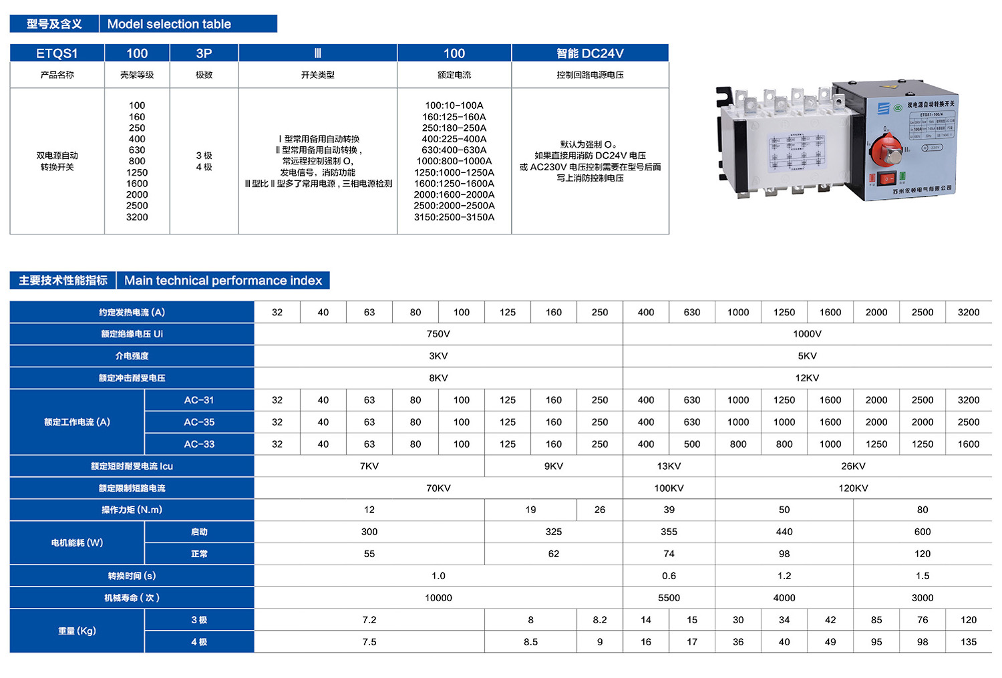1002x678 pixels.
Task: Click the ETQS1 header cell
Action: pyautogui.click(x=57, y=53)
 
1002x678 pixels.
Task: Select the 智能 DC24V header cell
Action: pyautogui.click(x=590, y=53)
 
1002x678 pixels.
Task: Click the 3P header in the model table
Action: pyautogui.click(x=204, y=53)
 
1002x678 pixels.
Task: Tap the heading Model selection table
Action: pyautogui.click(x=169, y=24)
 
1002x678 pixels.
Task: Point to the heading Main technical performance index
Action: pyautogui.click(x=223, y=281)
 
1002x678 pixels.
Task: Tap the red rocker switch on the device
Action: pyautogui.click(x=886, y=179)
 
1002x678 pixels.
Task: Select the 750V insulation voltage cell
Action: pyautogui.click(x=438, y=334)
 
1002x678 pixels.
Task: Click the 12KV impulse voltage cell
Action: pyautogui.click(x=807, y=378)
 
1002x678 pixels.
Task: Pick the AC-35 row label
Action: pyautogui.click(x=199, y=422)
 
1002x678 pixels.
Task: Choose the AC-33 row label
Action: pyautogui.click(x=199, y=444)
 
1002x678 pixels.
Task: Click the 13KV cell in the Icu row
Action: pyautogui.click(x=669, y=466)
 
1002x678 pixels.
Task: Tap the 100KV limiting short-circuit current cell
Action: pyautogui.click(x=669, y=488)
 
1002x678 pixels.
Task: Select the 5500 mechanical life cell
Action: pyautogui.click(x=669, y=598)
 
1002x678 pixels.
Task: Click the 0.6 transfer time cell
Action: pyautogui.click(x=669, y=576)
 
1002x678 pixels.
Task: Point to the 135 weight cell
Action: pyautogui.click(x=969, y=642)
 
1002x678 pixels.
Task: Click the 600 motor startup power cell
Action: pyautogui.click(x=923, y=532)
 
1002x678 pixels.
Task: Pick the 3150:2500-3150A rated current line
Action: pyautogui.click(x=454, y=217)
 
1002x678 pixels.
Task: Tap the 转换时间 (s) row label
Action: pyautogui.click(x=132, y=576)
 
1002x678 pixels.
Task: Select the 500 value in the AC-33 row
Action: pyautogui.click(x=692, y=444)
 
